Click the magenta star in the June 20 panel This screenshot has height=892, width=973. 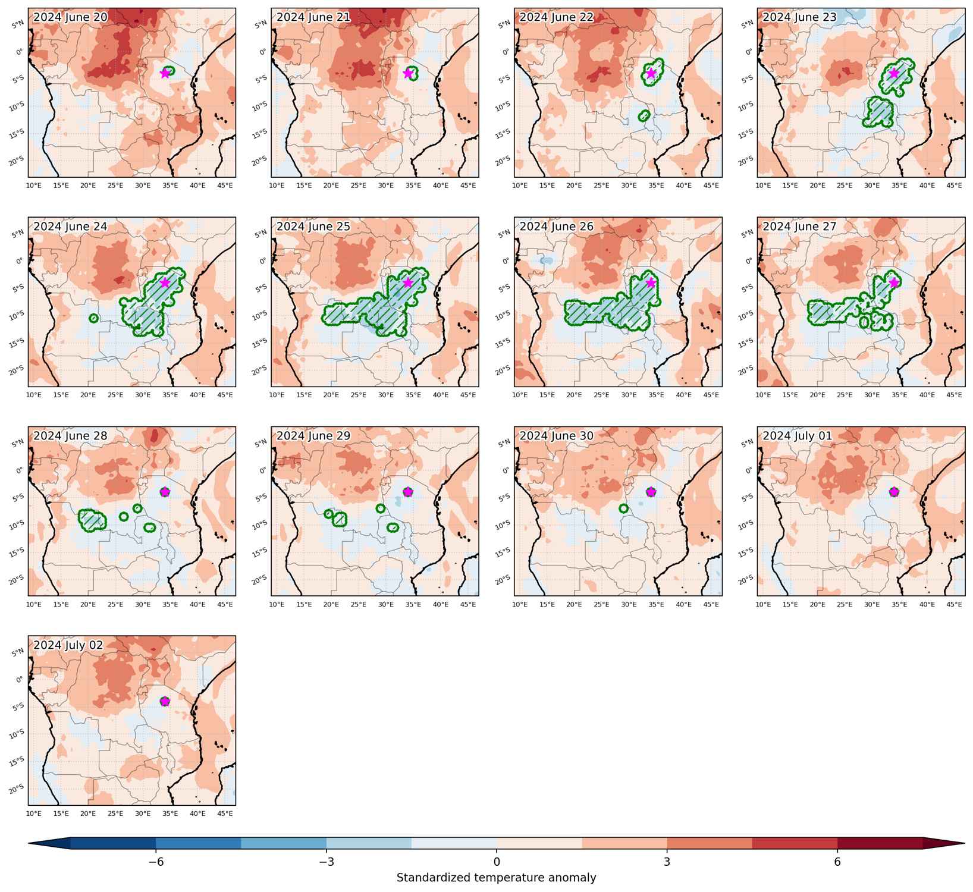pos(165,73)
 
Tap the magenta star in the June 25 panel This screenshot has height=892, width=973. pos(408,282)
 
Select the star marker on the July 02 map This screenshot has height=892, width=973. pos(165,701)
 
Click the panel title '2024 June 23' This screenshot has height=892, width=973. pos(799,17)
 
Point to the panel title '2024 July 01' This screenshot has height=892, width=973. pos(798,436)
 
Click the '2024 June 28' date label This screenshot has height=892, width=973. pos(70,436)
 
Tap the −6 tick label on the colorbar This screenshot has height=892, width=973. pos(156,862)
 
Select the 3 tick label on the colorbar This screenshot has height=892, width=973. pos(667,862)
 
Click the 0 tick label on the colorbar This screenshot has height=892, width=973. pos(497,862)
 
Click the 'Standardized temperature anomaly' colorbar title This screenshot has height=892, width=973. pos(497,878)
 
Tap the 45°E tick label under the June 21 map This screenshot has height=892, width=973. pos(469,186)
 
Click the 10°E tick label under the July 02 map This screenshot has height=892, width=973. pos(34,814)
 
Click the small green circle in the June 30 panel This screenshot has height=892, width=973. pos(623,508)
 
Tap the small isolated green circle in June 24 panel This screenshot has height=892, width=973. pos(93,319)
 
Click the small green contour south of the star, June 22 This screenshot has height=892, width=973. pos(644,116)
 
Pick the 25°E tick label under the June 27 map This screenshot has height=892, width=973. pos(845,395)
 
